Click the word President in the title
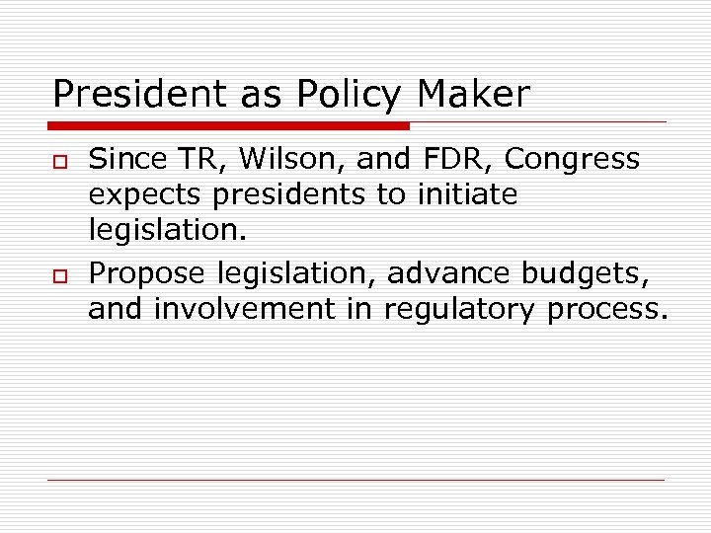point(131,95)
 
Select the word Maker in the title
point(473,95)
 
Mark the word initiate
point(467,194)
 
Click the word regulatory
point(460,310)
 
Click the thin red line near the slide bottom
point(355,480)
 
